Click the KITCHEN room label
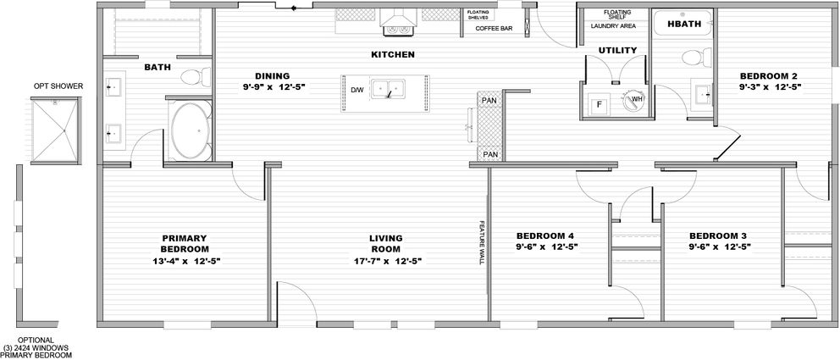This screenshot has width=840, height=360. tap(392, 54)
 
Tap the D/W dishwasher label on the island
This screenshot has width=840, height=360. tap(357, 90)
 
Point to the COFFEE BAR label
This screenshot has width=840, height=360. tap(495, 28)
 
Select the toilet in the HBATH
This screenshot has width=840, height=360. tap(694, 58)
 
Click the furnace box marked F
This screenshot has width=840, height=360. tap(600, 104)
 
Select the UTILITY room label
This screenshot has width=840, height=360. tap(617, 51)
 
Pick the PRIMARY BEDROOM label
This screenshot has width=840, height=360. tap(185, 243)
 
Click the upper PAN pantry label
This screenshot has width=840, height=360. tap(489, 101)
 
